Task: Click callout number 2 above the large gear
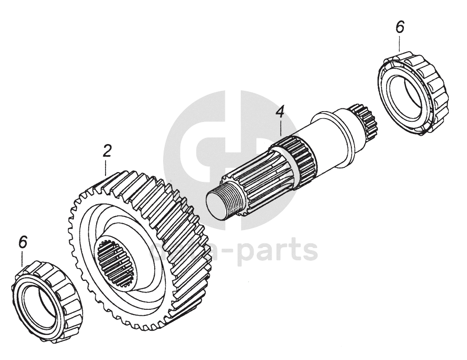pos(107,151)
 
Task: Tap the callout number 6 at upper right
pos(400,27)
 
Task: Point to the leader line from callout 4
pos(281,128)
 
